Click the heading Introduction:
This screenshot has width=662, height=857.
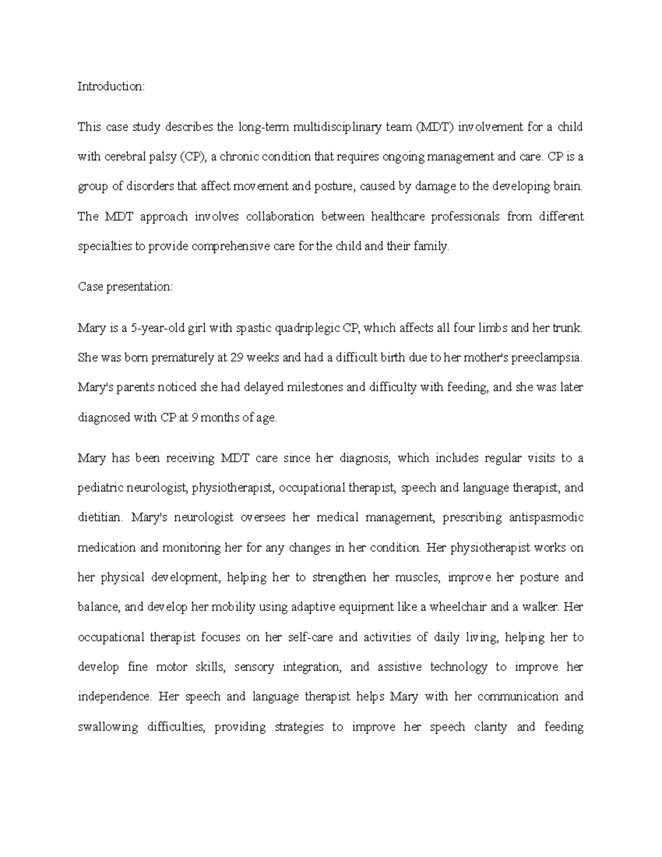pos(111,86)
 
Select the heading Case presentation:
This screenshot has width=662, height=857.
pos(125,287)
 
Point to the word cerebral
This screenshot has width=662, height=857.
pos(127,157)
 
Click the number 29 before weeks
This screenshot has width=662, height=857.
pos(237,358)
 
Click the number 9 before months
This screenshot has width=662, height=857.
pos(194,418)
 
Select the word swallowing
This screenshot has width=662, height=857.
pos(108,727)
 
